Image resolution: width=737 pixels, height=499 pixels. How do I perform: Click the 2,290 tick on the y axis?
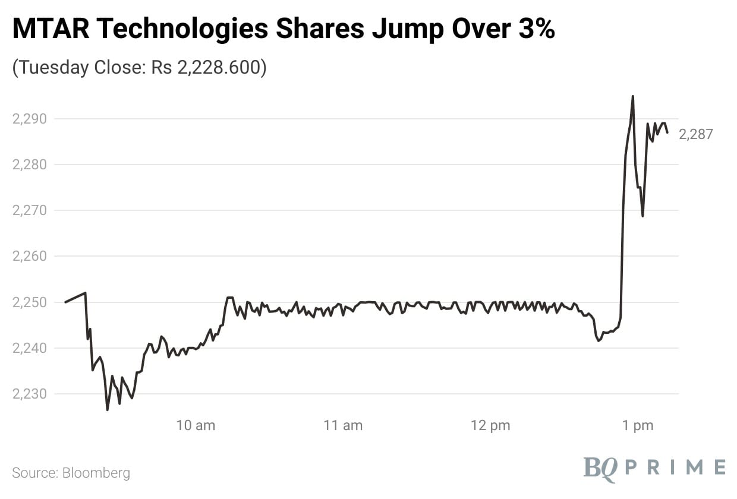point(29,119)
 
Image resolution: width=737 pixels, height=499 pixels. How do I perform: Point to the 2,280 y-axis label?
point(29,165)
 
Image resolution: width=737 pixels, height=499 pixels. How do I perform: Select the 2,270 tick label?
point(29,210)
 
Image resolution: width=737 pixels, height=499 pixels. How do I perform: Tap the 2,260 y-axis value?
point(29,257)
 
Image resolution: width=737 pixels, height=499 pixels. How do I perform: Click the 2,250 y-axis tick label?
point(29,302)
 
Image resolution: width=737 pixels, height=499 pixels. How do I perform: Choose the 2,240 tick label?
point(29,348)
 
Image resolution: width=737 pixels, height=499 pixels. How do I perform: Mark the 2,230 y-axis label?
point(29,394)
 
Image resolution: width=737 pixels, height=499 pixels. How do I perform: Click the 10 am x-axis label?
point(196,425)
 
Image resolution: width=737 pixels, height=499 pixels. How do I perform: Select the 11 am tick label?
point(343,425)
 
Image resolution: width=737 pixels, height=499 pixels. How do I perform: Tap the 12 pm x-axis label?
point(490,425)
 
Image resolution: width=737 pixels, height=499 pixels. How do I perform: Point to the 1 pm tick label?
point(638,425)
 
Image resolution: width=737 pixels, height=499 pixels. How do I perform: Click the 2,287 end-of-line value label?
point(695,135)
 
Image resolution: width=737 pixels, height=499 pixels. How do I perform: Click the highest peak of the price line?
point(632,96)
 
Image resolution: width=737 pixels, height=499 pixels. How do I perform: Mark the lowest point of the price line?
point(108,409)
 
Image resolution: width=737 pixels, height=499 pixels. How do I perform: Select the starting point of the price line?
point(65,302)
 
